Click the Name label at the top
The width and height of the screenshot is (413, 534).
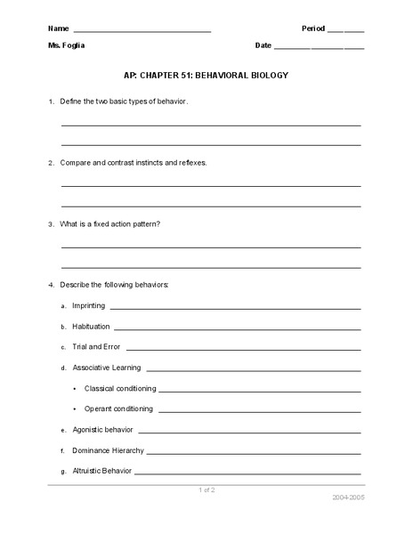58,28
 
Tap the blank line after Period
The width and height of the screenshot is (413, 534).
346,31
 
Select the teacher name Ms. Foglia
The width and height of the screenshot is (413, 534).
68,44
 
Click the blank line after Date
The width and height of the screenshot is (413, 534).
320,47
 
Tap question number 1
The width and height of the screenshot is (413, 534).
51,102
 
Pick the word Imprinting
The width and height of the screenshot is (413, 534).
89,305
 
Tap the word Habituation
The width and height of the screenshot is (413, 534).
91,326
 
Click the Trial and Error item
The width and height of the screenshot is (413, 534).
96,346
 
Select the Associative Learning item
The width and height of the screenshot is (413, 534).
106,367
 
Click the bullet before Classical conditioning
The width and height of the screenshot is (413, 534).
75,388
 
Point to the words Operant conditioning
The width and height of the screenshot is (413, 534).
118,409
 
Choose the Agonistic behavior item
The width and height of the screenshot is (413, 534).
103,430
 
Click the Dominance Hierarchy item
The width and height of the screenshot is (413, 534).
108,450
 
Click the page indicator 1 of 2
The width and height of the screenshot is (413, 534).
206,489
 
